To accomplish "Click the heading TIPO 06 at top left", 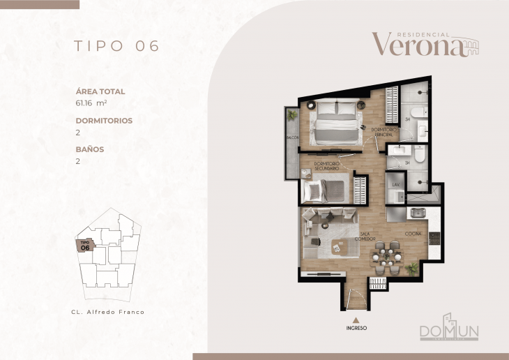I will [117, 46].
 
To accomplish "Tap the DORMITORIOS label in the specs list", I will [104, 120].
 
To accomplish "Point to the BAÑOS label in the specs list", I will [90, 149].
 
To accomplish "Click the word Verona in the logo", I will [417, 45].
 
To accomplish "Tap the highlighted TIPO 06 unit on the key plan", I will [85, 246].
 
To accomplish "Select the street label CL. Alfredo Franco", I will [108, 312].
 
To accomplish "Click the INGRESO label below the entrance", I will [356, 327].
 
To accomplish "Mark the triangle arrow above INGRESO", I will [356, 319].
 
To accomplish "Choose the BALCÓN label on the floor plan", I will [292, 138].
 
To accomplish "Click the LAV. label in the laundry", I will [395, 184].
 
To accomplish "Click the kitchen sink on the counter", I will [418, 213].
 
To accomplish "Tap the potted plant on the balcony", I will [293, 114].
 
